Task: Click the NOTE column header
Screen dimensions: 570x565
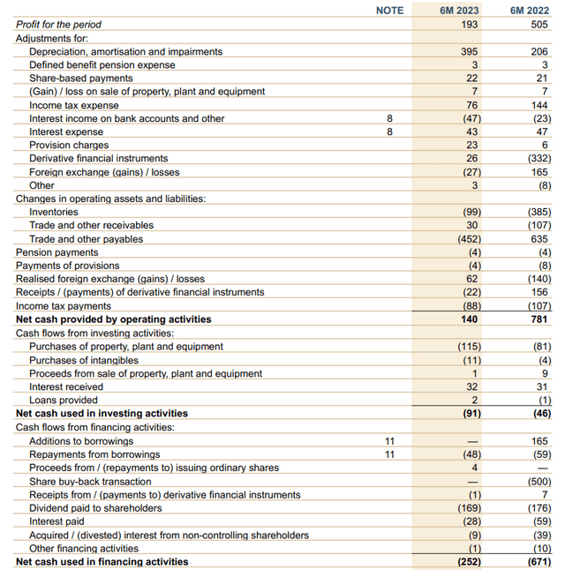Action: click(389, 11)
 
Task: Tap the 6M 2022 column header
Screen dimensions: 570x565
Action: click(529, 11)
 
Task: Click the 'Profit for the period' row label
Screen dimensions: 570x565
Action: click(59, 25)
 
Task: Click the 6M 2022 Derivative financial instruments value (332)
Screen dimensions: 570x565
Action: click(535, 159)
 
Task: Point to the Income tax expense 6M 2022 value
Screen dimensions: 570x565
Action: click(539, 105)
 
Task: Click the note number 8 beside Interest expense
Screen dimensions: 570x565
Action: click(388, 131)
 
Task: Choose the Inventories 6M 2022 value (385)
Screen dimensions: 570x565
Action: click(535, 213)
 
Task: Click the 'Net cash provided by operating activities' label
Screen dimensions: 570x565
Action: click(113, 319)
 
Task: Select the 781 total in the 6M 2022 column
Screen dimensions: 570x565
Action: click(539, 319)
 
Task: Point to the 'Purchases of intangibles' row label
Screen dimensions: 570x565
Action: click(84, 360)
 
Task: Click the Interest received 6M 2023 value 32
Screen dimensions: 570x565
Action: click(471, 386)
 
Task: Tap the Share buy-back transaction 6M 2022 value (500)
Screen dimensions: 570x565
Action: click(535, 482)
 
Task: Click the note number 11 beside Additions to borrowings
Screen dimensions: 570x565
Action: click(388, 441)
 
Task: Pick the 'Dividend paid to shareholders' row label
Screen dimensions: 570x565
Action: click(95, 508)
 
